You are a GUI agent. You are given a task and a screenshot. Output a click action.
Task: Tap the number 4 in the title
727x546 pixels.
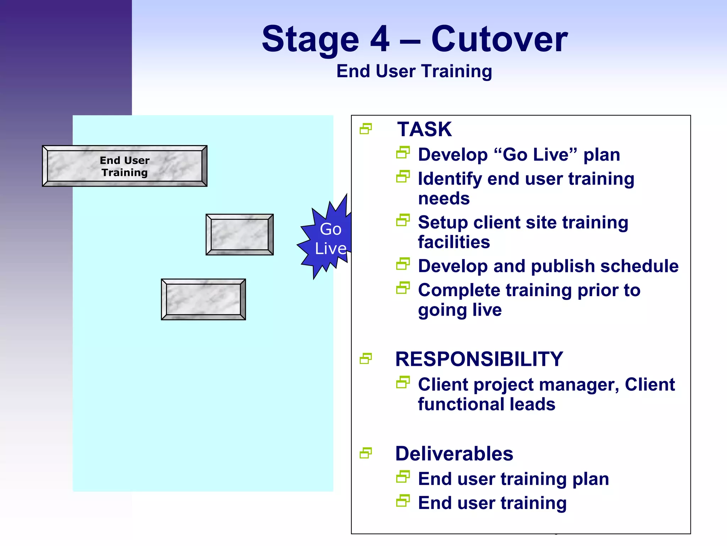coord(380,39)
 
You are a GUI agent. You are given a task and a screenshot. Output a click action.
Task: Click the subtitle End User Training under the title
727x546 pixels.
coord(414,71)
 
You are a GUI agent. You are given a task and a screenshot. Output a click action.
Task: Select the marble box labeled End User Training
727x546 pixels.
coord(125,166)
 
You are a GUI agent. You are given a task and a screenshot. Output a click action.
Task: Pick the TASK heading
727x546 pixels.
coord(424,129)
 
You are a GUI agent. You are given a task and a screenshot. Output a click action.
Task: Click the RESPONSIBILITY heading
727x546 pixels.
coord(479,359)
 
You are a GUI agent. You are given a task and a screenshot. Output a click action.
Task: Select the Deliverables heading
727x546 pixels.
coord(454,454)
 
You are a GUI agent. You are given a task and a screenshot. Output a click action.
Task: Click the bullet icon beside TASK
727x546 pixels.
coord(366,129)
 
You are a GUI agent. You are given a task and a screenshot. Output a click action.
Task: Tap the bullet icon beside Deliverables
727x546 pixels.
coord(366,453)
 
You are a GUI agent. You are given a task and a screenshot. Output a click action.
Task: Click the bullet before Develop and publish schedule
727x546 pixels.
coord(403,264)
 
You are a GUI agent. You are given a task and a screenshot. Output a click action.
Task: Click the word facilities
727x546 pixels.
coord(454,242)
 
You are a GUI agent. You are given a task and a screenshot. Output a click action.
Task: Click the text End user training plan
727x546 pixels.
coord(513,479)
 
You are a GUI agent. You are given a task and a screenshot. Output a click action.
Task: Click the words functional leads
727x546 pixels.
coord(486,405)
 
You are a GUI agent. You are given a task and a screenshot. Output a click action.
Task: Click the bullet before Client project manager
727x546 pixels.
coord(403,382)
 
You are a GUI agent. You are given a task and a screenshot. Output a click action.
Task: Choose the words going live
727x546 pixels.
coord(460,310)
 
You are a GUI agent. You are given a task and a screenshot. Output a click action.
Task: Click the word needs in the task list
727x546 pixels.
coord(444,199)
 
